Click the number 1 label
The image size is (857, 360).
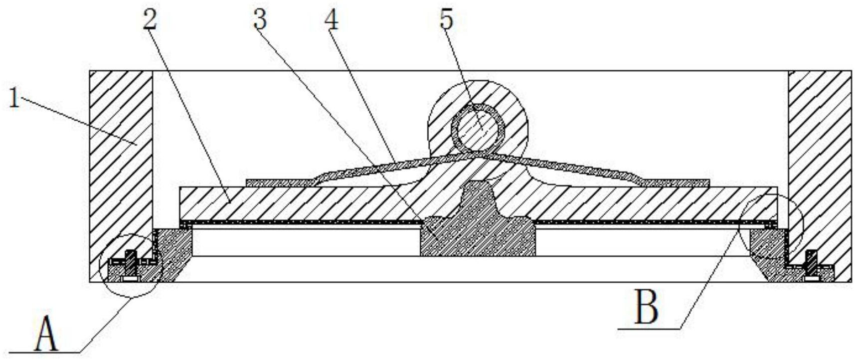tap(14, 98)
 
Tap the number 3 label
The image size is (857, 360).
tap(260, 19)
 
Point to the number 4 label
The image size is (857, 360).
tap(331, 19)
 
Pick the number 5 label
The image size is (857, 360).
tap(446, 19)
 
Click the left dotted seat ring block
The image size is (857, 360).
tap(173, 252)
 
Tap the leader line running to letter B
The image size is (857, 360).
tap(708, 277)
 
